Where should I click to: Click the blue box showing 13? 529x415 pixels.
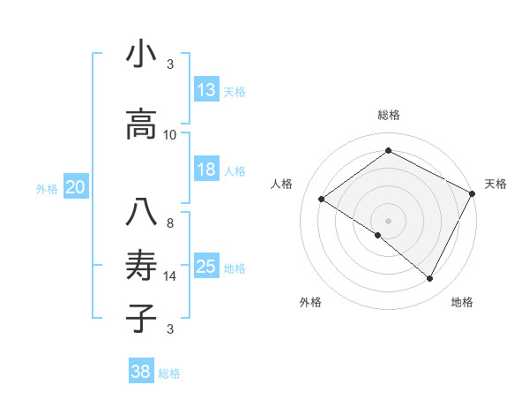(206, 89)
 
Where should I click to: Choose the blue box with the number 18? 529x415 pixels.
(206, 170)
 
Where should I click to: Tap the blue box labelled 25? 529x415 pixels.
(206, 267)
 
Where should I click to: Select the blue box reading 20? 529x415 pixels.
(76, 187)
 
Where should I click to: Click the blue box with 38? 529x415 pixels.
(141, 372)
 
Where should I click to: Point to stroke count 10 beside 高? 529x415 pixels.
(170, 135)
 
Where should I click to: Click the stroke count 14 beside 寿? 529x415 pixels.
(170, 276)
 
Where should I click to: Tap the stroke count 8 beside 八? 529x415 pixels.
(170, 223)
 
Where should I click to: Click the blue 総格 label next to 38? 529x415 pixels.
(169, 373)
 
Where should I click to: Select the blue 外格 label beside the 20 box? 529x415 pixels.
(47, 188)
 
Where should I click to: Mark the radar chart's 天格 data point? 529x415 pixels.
(473, 193)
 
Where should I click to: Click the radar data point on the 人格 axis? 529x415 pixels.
(322, 199)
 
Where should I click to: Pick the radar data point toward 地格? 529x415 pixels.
(430, 279)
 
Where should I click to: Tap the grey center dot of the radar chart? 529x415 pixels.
(388, 220)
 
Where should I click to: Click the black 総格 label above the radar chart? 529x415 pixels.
(388, 115)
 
